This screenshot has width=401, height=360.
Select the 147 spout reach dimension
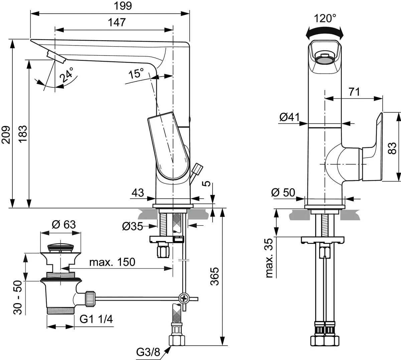click(x=117, y=22)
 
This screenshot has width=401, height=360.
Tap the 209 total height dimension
click(x=6, y=134)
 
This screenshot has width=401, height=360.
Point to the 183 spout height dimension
click(x=23, y=134)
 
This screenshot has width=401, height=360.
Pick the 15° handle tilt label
click(x=136, y=73)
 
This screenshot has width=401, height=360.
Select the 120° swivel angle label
click(x=325, y=18)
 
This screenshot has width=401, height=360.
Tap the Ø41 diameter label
click(x=289, y=117)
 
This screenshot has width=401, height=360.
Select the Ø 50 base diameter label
click(x=283, y=192)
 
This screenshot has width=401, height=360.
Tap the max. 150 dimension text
click(x=112, y=262)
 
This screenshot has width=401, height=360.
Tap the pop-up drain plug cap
click(x=60, y=247)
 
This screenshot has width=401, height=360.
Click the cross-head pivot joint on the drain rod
click(x=183, y=297)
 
